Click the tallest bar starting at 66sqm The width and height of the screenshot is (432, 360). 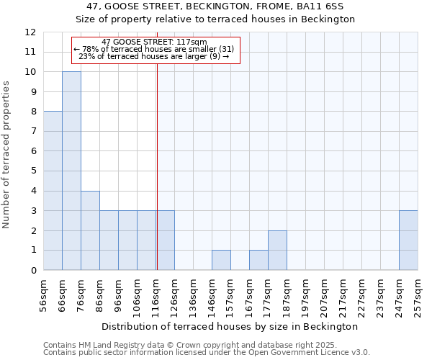click(x=71, y=171)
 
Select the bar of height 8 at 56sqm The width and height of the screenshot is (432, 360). click(x=53, y=191)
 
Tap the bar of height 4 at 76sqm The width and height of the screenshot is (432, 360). click(x=90, y=230)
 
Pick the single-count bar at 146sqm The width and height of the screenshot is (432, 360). click(x=221, y=260)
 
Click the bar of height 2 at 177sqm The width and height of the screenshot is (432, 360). click(x=277, y=250)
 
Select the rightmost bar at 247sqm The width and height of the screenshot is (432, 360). click(x=408, y=240)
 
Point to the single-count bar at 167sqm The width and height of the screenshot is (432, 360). click(x=258, y=260)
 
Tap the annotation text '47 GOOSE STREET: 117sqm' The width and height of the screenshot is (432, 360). click(x=154, y=42)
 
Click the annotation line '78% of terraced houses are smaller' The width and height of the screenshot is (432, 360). click(x=154, y=49)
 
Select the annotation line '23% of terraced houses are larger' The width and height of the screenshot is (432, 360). click(x=154, y=56)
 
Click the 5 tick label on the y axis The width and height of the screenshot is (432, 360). click(x=33, y=171)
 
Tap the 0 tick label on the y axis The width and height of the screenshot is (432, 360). click(x=33, y=271)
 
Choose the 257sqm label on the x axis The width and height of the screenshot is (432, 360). click(x=418, y=295)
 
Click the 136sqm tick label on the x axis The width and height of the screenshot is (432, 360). click(x=193, y=295)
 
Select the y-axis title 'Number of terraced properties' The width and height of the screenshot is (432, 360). click(x=7, y=154)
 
